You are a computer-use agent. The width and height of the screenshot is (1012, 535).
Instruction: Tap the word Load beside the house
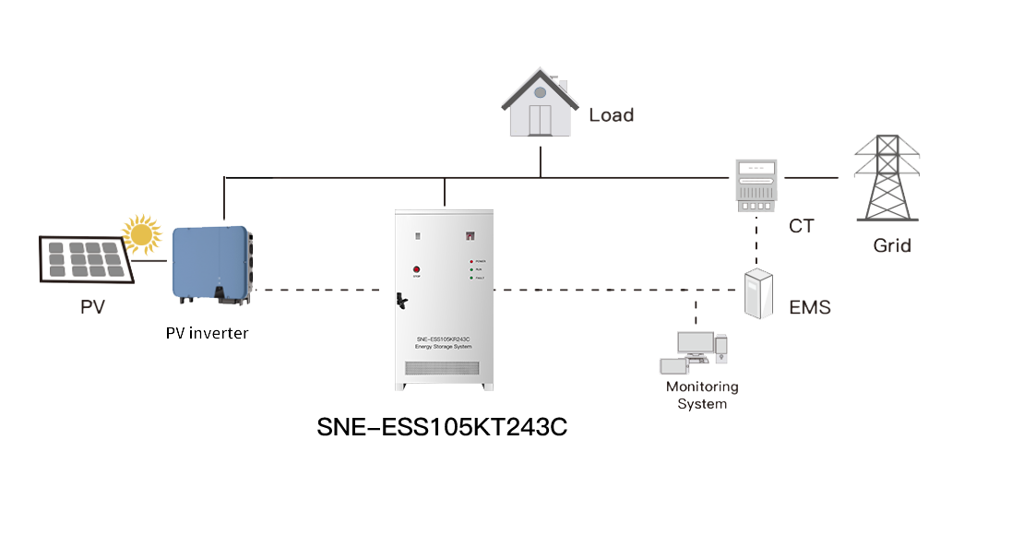click(x=612, y=116)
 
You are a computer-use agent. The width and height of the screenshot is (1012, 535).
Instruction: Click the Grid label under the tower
click(x=891, y=246)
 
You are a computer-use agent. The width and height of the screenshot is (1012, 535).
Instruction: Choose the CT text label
click(x=801, y=226)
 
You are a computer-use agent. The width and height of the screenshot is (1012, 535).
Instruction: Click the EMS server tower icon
click(x=759, y=294)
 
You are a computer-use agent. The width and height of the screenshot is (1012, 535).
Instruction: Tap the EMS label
click(x=810, y=308)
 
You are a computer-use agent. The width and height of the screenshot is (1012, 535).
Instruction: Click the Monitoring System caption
click(x=702, y=396)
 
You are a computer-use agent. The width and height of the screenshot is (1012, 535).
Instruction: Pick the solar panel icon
click(x=85, y=261)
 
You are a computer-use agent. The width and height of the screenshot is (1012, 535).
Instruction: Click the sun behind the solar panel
click(x=142, y=234)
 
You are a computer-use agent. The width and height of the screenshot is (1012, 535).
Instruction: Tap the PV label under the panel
click(x=91, y=307)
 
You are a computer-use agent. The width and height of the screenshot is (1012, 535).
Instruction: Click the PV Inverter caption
click(x=207, y=333)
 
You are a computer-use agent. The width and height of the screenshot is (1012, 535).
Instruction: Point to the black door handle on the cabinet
click(x=401, y=301)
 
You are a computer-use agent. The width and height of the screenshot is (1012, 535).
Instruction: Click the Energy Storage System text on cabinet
click(x=444, y=347)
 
